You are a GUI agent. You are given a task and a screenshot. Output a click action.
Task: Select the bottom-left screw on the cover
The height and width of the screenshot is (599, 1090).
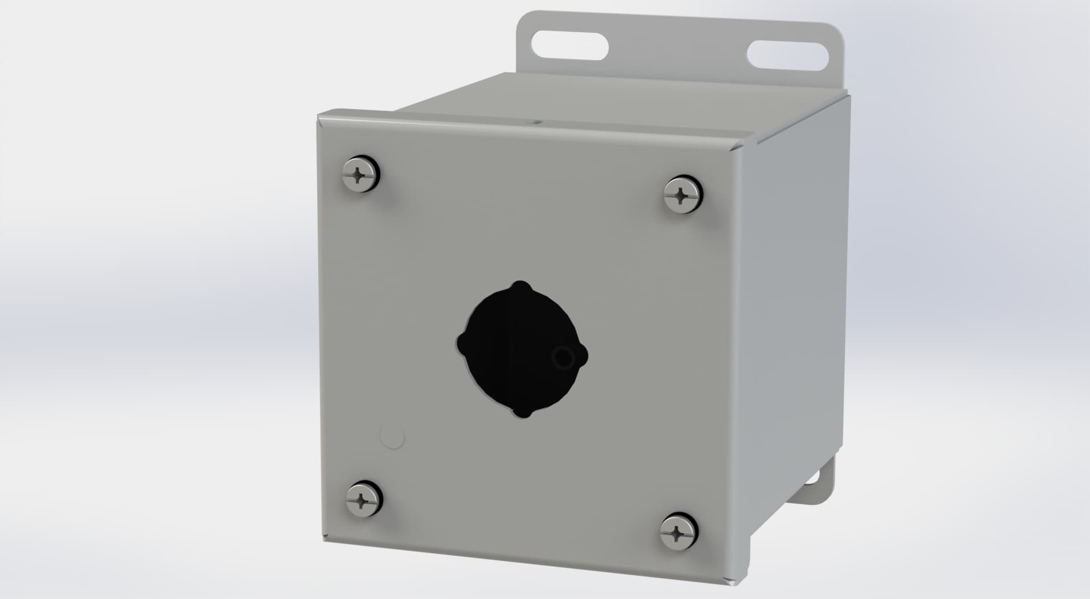coord(363,498)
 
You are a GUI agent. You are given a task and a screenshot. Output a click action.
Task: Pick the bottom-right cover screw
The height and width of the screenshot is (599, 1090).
coord(679,530)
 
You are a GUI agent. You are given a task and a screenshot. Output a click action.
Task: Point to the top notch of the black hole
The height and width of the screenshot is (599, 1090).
coord(521,286)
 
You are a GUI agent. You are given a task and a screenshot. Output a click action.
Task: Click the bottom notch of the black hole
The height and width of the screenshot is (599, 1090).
coord(522,413)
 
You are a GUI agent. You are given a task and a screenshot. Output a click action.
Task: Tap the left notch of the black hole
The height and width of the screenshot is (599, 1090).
coord(461,340)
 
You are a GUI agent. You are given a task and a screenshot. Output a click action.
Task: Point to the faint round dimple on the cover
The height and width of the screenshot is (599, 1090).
coord(393,437)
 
